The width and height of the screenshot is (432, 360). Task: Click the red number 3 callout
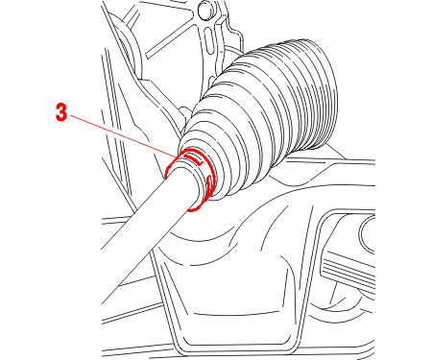pos(61,112)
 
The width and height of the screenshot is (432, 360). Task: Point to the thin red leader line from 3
pos(123,136)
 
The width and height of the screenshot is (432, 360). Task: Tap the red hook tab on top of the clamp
pos(194,159)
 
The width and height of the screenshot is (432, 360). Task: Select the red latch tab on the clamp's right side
pos(208,185)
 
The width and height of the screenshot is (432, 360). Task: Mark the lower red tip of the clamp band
pos(192,210)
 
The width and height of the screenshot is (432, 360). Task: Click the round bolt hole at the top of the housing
pos(205,11)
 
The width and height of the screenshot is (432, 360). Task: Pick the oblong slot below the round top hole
pos(208,39)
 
